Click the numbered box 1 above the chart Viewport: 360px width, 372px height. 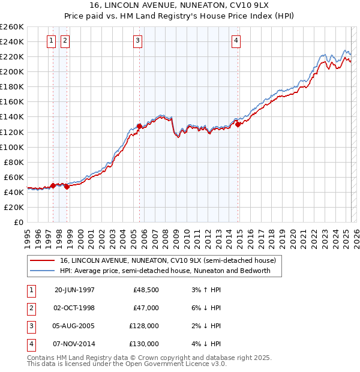[x=51, y=41]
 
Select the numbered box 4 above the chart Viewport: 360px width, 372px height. [x=236, y=41]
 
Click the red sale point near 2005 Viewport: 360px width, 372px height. [x=139, y=126]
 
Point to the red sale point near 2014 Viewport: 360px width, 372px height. [x=238, y=124]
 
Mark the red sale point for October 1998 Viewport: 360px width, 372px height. [x=67, y=187]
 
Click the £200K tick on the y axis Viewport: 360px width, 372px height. [x=12, y=71]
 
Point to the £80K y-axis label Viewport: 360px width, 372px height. [x=14, y=162]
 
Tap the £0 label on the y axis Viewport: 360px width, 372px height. [x=19, y=222]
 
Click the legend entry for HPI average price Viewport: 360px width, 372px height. [x=166, y=271]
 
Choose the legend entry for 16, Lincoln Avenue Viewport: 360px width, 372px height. [x=167, y=260]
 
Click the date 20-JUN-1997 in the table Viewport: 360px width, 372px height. [x=74, y=290]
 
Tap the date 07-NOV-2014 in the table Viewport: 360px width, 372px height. [x=74, y=344]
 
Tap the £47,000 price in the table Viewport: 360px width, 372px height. [x=146, y=308]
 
